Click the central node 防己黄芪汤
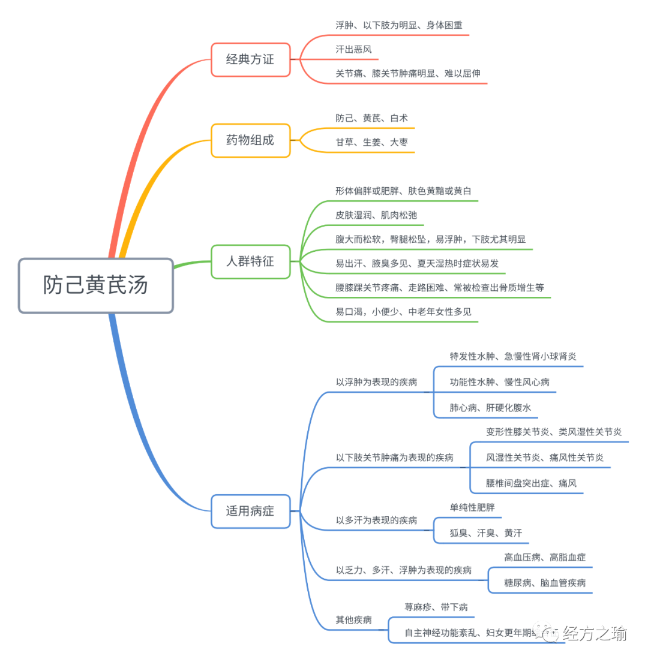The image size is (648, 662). coord(95,285)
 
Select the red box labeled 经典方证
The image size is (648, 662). coord(250,59)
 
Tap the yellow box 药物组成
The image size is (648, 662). coord(250,140)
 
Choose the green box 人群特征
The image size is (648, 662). coord(250,261)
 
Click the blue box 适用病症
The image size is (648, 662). coord(250,511)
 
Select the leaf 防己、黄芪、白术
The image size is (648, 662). coord(371,118)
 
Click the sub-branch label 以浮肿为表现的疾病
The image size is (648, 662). coord(376,382)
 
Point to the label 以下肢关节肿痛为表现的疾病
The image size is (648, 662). coord(394,458)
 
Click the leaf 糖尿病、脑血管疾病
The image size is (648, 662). coord(545,583)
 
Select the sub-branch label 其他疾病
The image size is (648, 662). coord(353,619)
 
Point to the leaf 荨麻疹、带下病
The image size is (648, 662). coord(436,607)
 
